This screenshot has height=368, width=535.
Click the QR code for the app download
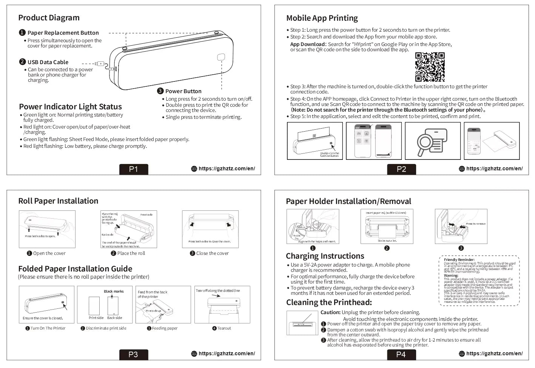tap(430, 67)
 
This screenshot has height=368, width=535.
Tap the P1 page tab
tap(133, 169)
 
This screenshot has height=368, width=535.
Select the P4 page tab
tap(401, 354)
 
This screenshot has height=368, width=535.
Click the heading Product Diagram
tap(49, 18)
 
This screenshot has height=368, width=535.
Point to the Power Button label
tap(183, 91)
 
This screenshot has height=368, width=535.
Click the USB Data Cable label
tap(48, 62)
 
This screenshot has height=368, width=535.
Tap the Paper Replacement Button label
tap(63, 33)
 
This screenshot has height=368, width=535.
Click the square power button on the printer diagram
tap(221, 57)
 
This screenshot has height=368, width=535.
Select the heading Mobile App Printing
tap(322, 18)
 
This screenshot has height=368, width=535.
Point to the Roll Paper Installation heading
tap(58, 201)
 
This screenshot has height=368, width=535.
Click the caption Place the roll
tap(131, 253)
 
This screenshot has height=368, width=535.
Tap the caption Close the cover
tap(212, 253)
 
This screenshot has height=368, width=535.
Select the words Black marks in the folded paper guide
tap(114, 291)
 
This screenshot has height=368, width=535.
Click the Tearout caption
tap(224, 328)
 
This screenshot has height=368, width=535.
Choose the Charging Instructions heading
tap(325, 256)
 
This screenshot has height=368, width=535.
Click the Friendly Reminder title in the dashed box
tap(459, 260)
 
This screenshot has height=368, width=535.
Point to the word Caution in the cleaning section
tap(330, 313)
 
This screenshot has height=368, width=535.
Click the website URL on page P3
tap(227, 354)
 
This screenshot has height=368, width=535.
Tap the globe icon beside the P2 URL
tap(462, 169)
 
